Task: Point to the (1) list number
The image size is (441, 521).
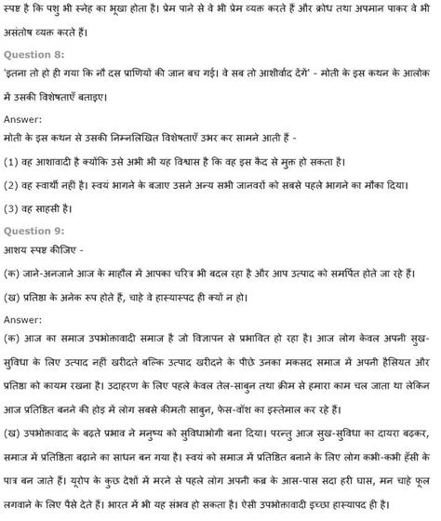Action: tap(12, 164)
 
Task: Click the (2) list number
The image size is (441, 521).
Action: tap(12, 186)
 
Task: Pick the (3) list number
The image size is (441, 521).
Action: tap(12, 208)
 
